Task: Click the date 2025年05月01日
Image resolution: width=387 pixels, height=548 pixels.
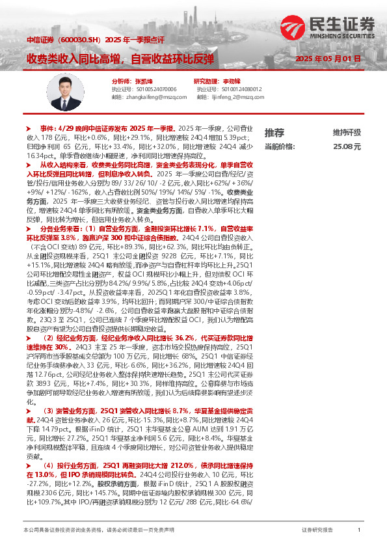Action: [x=328, y=59]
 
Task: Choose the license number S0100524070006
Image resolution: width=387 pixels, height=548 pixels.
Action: [x=139, y=89]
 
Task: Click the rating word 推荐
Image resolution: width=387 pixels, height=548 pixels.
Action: [x=274, y=132]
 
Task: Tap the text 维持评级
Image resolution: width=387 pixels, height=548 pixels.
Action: [x=346, y=132]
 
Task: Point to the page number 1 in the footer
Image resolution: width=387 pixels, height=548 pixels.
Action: [x=359, y=531]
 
